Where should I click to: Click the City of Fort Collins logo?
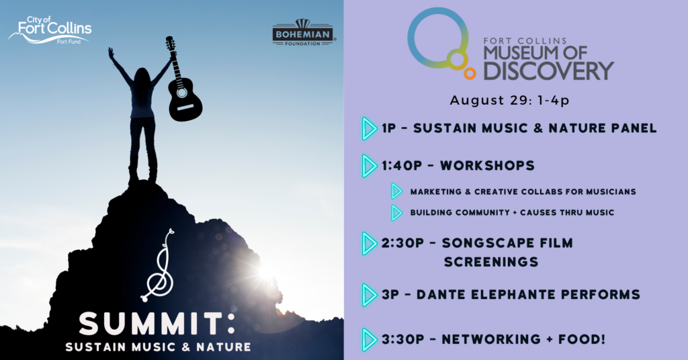pos(50,30)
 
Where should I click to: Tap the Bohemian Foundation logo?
pos(303,33)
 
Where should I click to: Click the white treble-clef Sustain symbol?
pos(159,266)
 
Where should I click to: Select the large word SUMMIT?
pos(157,324)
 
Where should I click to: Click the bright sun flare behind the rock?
pos(266,272)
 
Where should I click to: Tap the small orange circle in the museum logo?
pos(470,73)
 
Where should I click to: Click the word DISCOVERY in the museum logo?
pos(548,71)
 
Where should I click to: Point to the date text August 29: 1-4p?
pos(509,101)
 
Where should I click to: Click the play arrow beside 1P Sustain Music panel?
pos(370,128)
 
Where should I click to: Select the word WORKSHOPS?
pos(488,166)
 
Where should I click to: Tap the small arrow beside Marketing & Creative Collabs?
pos(396,191)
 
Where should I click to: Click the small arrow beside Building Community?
pos(396,213)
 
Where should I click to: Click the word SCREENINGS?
pos(491,262)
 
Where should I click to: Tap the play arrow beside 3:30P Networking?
pos(370,340)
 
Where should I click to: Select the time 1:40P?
pos(402,166)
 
